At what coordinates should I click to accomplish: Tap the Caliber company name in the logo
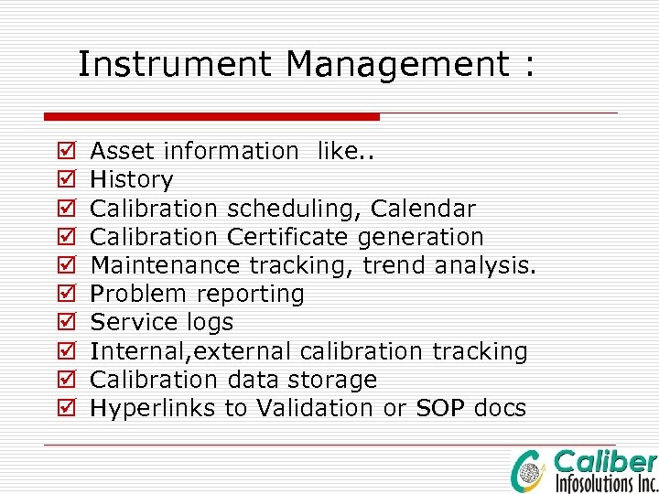(x=605, y=462)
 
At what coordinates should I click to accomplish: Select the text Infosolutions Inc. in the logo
(x=605, y=482)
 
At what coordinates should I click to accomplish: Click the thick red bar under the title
(x=211, y=116)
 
